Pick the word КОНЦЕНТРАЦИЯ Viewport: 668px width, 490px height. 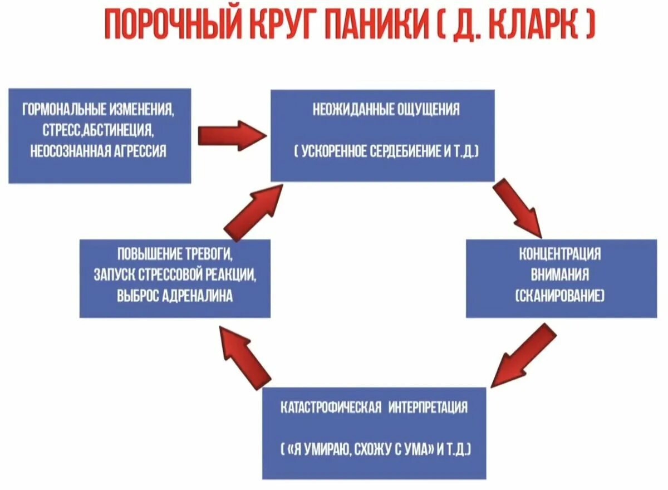point(560,255)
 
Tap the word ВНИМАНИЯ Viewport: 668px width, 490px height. point(560,276)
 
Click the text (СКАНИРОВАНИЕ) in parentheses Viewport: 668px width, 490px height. point(560,297)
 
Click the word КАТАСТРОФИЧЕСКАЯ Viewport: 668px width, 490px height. point(331,407)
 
